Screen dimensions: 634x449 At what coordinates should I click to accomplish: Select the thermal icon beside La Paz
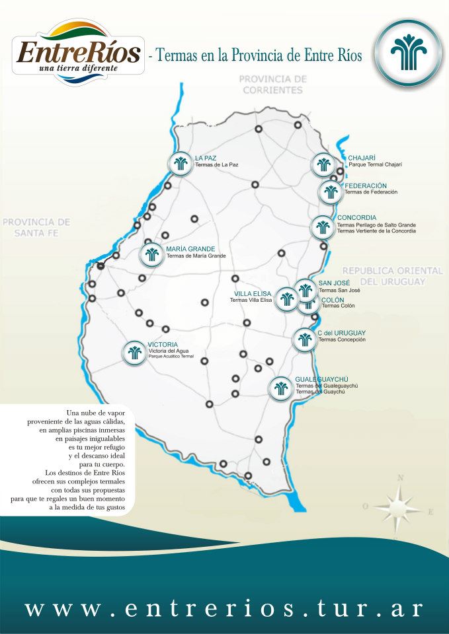coord(180,162)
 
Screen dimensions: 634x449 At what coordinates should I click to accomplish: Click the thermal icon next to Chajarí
coord(323,164)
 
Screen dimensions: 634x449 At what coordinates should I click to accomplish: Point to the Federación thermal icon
coord(330,192)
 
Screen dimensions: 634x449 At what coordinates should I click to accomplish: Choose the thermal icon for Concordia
coord(323,227)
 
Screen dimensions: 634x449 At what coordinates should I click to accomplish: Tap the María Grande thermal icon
coord(152,254)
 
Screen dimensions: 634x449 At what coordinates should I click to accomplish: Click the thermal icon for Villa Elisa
coord(286,299)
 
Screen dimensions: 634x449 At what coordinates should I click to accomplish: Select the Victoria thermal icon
coord(135,352)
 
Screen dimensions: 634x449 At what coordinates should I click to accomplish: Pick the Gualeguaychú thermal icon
coord(280,388)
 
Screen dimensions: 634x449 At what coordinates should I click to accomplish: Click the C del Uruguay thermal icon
coord(304,339)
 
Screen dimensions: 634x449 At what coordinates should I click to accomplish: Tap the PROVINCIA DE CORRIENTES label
coord(273,84)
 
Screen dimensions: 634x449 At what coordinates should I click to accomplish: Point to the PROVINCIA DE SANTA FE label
coord(36,227)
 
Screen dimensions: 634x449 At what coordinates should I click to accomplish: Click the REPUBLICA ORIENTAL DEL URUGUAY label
coord(392,276)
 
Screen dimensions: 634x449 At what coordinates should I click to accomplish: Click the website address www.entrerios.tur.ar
coord(224,608)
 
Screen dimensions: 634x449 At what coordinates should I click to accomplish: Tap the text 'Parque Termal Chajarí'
coord(375,164)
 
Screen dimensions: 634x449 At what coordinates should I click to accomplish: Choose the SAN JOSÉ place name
coord(334,283)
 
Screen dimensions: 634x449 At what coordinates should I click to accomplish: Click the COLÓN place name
coord(333,300)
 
